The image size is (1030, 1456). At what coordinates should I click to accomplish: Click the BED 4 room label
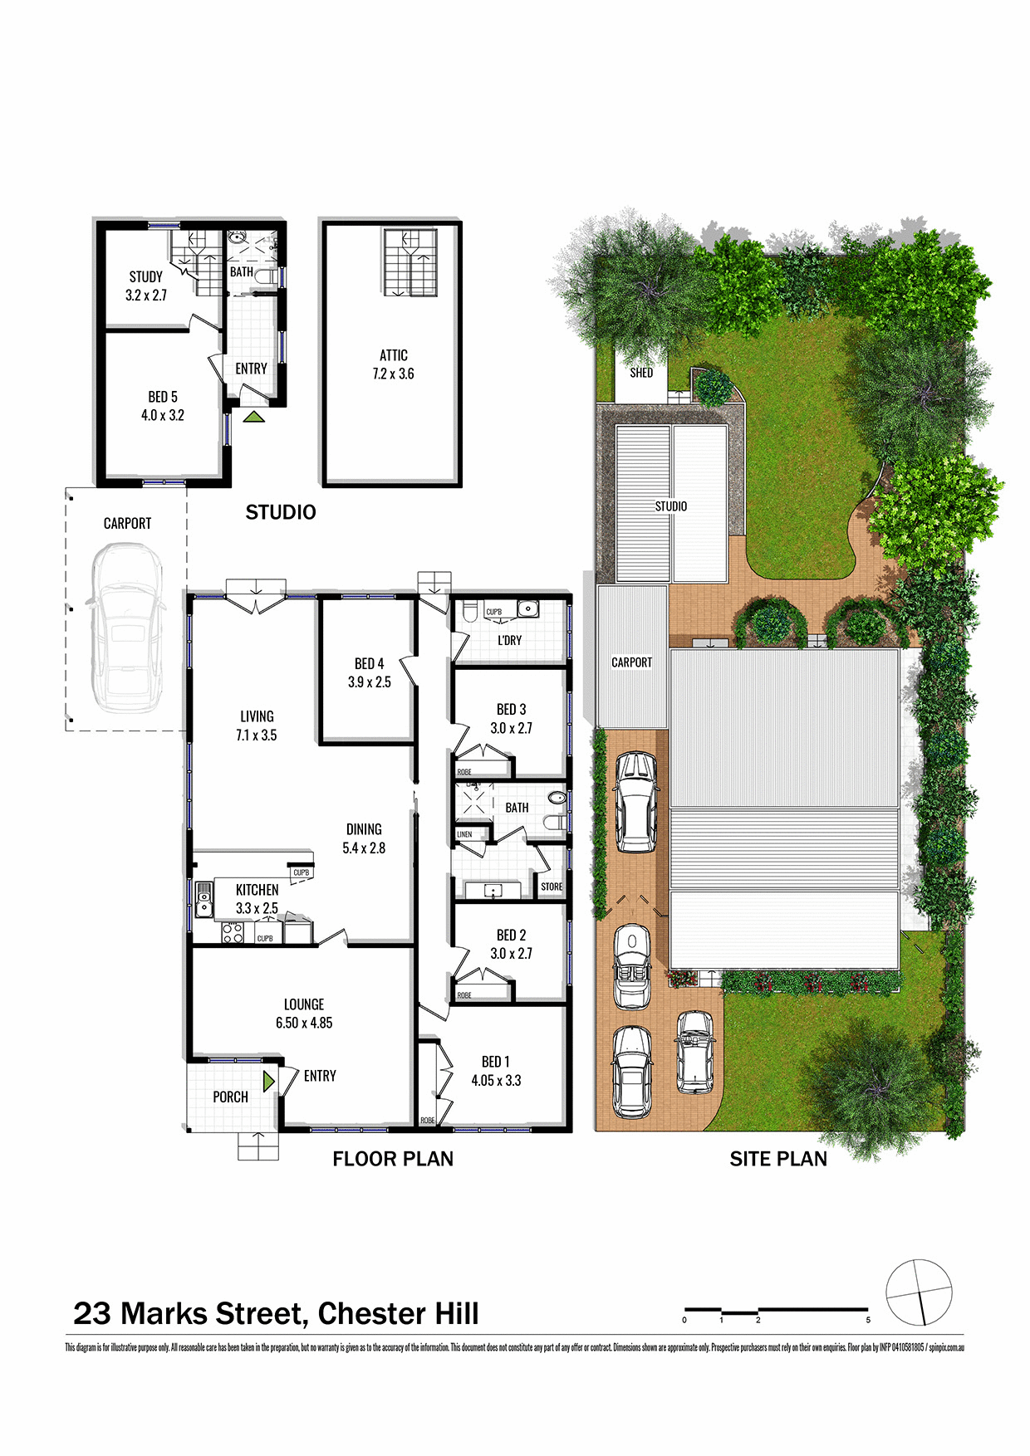[369, 664]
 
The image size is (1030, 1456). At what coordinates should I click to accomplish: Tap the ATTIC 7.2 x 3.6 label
[393, 364]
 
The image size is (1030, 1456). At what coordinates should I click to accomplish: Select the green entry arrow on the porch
[268, 1082]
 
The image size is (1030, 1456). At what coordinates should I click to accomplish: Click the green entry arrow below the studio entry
[254, 417]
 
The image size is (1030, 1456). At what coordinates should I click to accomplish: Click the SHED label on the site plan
[641, 374]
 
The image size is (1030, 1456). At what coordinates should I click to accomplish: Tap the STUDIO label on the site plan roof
[671, 506]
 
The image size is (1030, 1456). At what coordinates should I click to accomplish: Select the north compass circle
[918, 1292]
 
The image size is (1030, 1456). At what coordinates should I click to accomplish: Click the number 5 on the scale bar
[868, 1320]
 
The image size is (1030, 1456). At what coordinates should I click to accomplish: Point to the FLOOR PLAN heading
[393, 1159]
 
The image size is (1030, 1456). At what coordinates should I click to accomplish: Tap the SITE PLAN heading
[778, 1160]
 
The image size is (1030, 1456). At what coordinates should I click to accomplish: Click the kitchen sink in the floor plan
[204, 900]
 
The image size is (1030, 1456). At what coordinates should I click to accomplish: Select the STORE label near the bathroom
[552, 887]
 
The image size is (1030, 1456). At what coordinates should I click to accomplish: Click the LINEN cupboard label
[464, 834]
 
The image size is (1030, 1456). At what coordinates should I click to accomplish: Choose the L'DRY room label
[510, 640]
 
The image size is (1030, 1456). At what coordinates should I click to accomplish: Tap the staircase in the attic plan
[410, 262]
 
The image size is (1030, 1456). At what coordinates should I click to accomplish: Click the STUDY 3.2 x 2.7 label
[146, 286]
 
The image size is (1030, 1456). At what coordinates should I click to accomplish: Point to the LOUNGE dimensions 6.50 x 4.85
[304, 1024]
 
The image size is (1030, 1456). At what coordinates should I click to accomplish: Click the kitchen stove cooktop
[232, 933]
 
